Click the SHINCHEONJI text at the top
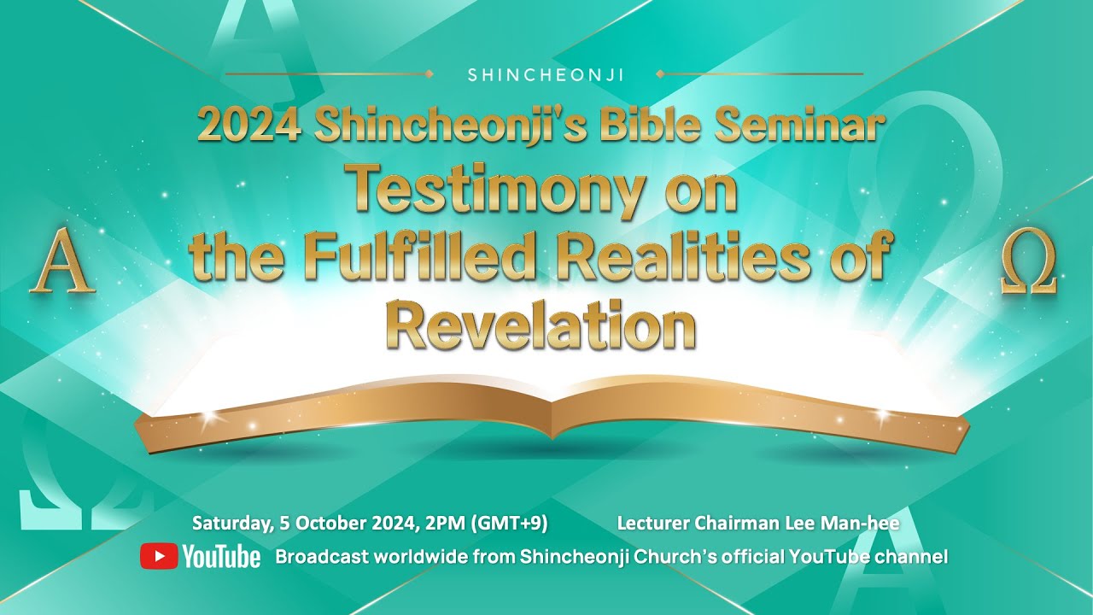(546, 75)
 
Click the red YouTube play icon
(159, 557)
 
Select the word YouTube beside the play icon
(221, 558)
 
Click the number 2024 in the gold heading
(248, 126)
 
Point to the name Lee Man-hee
(856, 523)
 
